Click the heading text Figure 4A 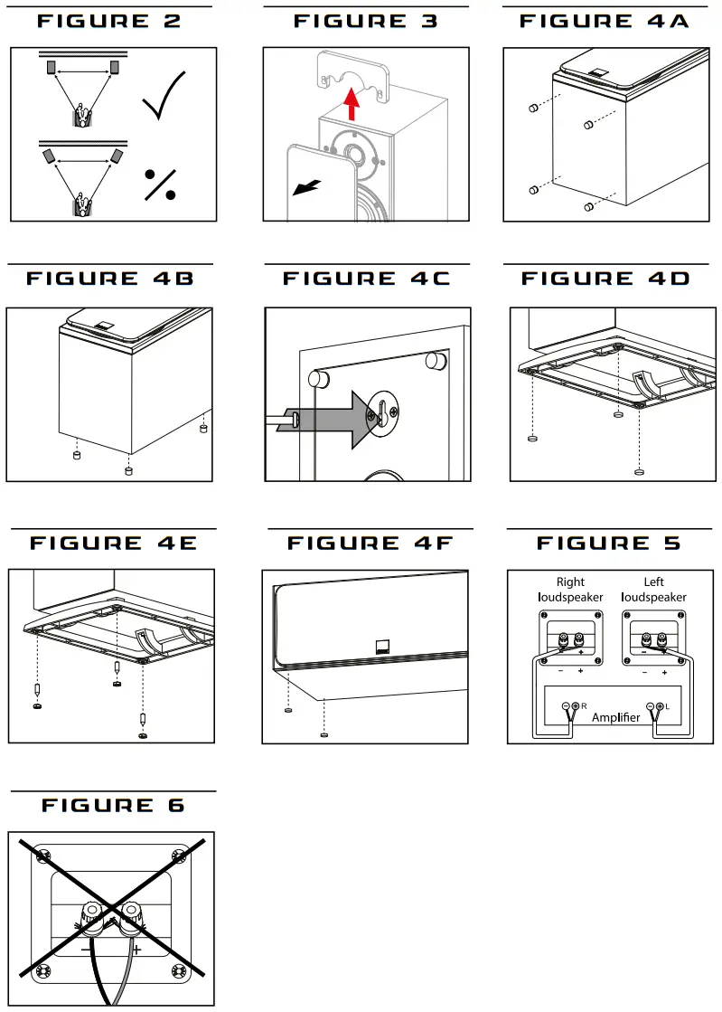605,21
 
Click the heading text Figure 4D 605,278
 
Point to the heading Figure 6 113,805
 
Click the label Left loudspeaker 653,590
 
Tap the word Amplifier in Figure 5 615,717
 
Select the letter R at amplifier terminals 584,705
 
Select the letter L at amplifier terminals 666,705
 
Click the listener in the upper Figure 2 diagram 83,115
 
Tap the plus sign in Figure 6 136,950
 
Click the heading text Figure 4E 113,543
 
